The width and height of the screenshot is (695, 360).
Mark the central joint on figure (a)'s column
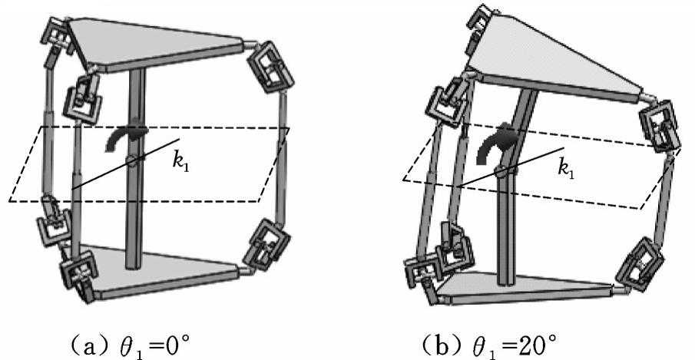click(134, 160)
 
